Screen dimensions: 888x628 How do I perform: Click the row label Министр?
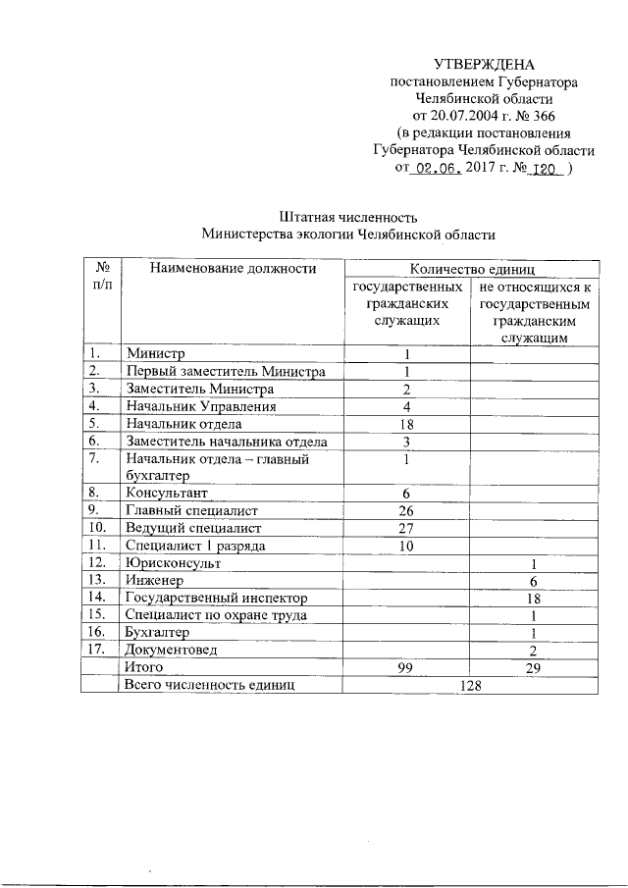154,353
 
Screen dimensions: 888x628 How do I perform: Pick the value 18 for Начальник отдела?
406,424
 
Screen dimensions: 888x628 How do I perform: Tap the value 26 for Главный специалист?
406,510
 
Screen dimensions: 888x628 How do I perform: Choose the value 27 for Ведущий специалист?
406,528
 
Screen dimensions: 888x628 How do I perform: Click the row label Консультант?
166,493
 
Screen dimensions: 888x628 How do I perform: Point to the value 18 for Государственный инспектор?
533,598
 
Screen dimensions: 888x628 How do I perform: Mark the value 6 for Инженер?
533,581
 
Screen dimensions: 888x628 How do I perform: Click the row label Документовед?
171,650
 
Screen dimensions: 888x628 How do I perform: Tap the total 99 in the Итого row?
406,667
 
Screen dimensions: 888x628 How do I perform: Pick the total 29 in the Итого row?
533,667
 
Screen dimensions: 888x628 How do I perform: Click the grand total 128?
470,685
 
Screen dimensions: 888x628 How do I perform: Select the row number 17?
96,650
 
